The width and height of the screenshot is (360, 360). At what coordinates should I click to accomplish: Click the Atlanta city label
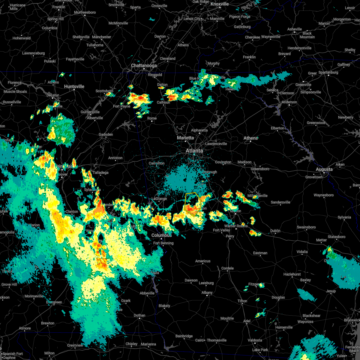pos(194,151)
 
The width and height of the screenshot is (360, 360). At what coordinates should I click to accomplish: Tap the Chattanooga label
pos(144,65)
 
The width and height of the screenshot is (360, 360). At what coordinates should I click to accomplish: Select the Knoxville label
pos(220,4)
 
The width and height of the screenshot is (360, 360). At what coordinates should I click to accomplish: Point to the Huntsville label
pos(74,86)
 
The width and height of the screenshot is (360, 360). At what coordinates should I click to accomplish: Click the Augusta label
pos(324,169)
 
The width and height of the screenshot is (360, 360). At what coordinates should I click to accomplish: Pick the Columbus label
pos(161,235)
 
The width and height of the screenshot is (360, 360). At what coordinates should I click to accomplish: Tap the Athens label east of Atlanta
pos(250,138)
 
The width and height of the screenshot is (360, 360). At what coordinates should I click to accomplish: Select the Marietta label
pos(185,138)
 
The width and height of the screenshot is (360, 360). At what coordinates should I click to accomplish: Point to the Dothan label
pos(139,315)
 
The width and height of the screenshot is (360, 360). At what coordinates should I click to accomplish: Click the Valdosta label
pos(255,340)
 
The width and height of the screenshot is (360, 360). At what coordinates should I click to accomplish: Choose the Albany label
pos(207,292)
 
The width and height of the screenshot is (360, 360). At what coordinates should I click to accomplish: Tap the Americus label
pos(203,261)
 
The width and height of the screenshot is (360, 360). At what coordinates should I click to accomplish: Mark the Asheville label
pos(295,29)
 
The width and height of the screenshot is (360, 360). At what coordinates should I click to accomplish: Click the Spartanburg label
pos(328,73)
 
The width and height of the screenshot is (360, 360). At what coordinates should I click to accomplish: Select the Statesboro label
pos(336,237)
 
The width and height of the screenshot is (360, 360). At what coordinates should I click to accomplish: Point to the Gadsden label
pos(106,134)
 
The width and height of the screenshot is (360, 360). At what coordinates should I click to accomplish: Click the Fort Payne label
pos(121,106)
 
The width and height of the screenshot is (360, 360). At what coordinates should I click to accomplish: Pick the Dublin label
pos(275,231)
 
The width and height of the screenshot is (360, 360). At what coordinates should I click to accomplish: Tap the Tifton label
pos(242,301)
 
